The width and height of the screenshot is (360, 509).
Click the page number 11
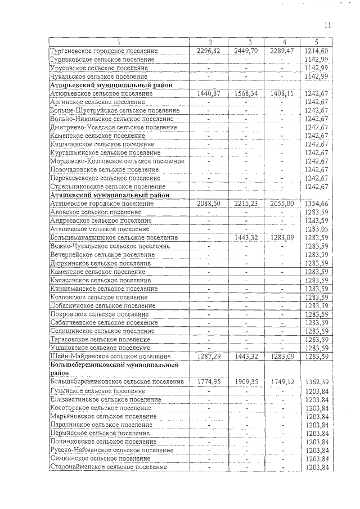[328, 25]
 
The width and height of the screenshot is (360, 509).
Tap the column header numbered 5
[316, 42]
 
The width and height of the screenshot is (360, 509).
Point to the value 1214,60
[316, 51]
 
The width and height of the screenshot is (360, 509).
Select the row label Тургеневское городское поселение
[104, 51]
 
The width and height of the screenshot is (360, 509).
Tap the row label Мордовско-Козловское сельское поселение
[117, 161]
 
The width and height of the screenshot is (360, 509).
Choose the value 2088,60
[209, 204]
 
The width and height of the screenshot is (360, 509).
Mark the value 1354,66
[316, 204]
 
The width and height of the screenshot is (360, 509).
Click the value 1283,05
[316, 229]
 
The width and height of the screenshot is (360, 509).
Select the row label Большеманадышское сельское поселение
[114, 238]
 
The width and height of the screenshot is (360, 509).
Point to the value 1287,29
[209, 357]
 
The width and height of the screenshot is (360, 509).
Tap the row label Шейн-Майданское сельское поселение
[110, 357]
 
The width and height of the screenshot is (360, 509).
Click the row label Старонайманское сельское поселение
[109, 467]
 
